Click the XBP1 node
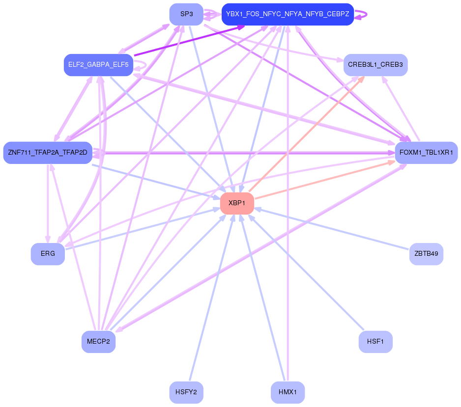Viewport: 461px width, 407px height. tap(237, 203)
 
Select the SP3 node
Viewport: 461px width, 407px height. tap(186, 14)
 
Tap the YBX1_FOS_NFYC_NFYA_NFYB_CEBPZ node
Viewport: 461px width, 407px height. tap(288, 14)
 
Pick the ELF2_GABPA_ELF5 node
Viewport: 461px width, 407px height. tap(98, 65)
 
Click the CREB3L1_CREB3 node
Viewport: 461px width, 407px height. tap(375, 65)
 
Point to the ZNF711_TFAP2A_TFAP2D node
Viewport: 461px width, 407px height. tap(48, 153)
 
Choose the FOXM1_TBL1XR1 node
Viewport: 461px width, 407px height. tap(426, 153)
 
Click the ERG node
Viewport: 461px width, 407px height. tap(48, 254)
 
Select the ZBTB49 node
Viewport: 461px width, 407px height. tap(426, 254)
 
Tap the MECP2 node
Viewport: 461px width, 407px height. tap(98, 342)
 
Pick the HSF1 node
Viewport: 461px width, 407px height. tap(375, 342)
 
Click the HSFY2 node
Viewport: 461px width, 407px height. tap(186, 392)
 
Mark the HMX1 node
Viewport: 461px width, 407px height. tap(288, 392)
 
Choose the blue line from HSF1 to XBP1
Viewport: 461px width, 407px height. tap(310, 275)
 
